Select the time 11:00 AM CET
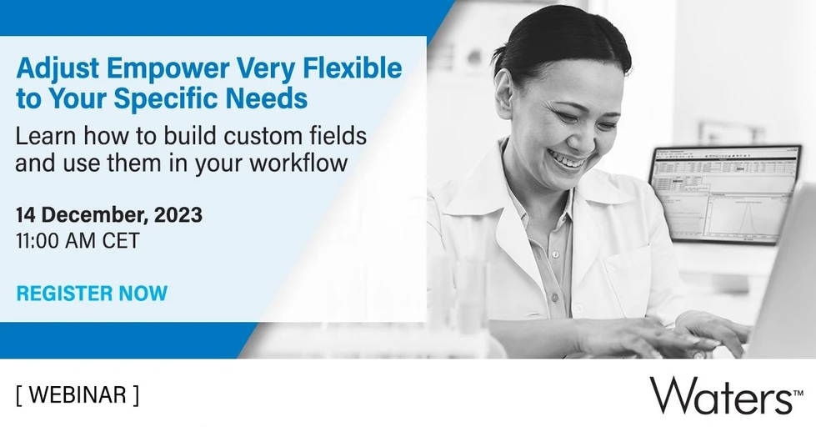click(x=77, y=242)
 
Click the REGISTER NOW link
click(x=92, y=294)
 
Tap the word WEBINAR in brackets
click(x=78, y=394)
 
